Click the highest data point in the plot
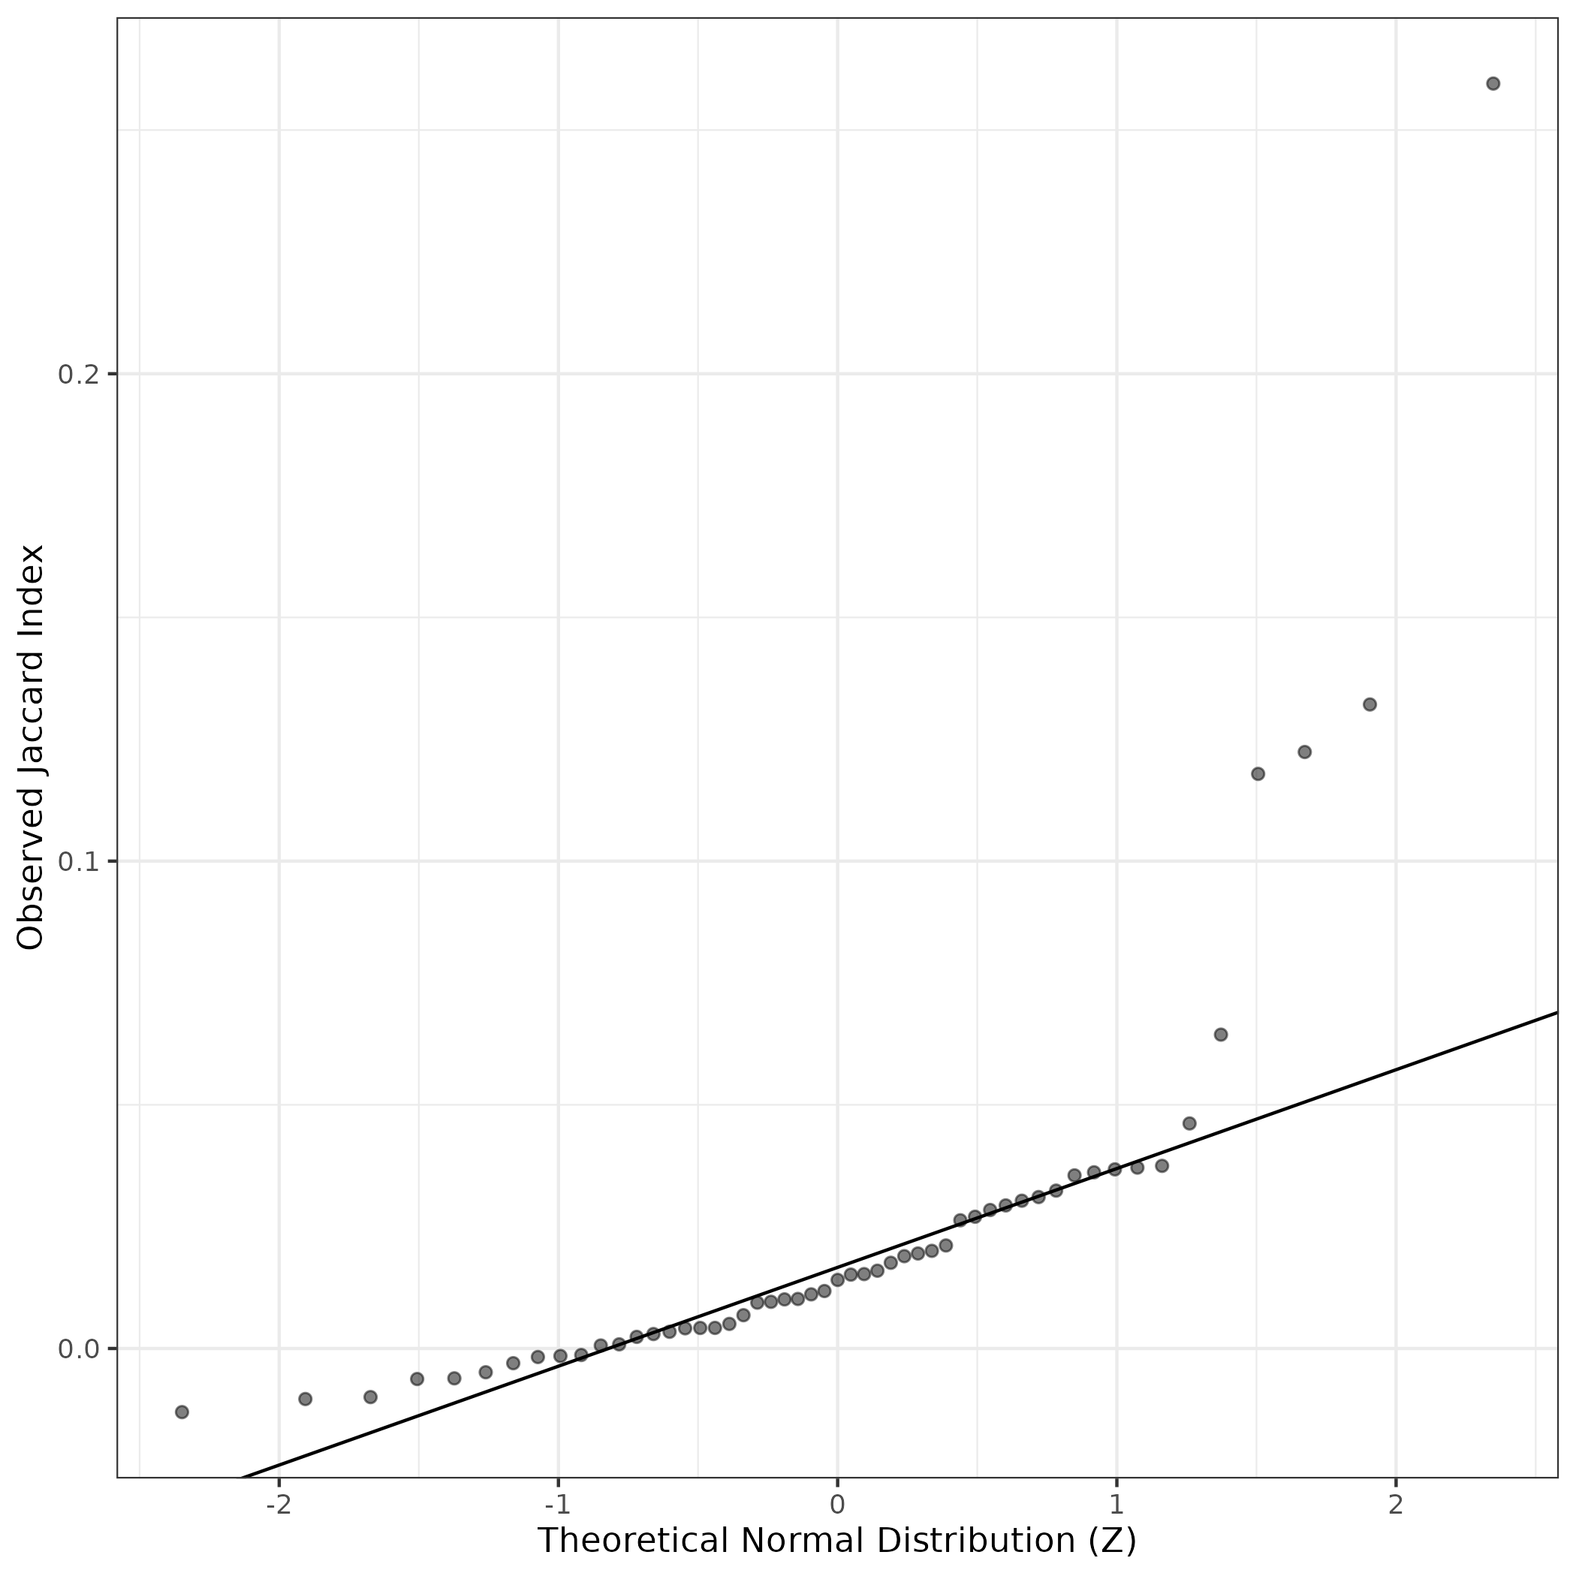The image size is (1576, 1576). (1493, 83)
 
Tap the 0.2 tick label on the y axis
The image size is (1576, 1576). (77, 375)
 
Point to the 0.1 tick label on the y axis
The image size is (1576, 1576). (77, 861)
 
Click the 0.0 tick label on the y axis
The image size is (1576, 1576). (77, 1349)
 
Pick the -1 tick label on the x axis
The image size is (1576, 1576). (558, 1503)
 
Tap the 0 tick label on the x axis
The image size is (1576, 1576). (837, 1503)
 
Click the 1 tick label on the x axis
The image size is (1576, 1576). (1116, 1503)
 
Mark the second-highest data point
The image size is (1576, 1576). (1370, 704)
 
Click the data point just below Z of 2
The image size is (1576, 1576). (1370, 704)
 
